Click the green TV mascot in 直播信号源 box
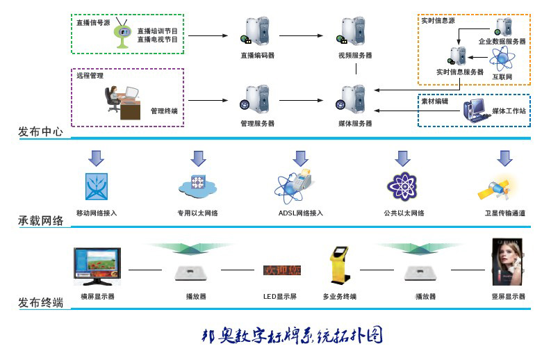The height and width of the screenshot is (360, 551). point(123,34)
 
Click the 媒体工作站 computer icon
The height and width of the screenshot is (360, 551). point(478,109)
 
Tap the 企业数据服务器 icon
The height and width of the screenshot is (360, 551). point(503,28)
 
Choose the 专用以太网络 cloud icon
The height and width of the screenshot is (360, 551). point(198,186)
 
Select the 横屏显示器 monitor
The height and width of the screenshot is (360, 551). point(97,268)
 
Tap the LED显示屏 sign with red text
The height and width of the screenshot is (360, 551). point(281,270)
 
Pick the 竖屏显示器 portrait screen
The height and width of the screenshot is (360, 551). point(507,262)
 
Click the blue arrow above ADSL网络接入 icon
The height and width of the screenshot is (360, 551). point(300,158)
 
